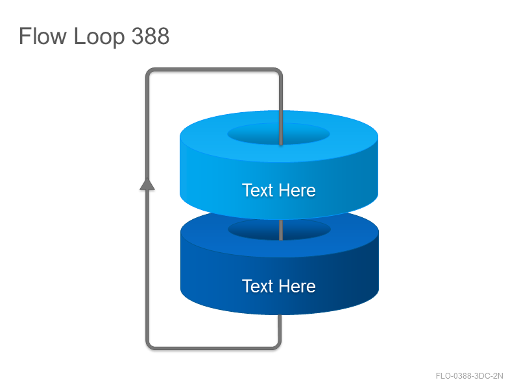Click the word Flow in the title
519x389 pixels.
coord(42,36)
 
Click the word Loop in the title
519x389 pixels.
coord(99,37)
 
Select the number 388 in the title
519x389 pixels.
coord(151,36)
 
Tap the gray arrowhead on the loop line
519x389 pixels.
coord(147,184)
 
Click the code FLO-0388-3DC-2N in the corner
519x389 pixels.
coord(469,376)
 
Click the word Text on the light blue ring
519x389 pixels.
coord(258,190)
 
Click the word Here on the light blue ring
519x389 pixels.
coord(297,190)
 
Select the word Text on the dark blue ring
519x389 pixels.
coord(258,286)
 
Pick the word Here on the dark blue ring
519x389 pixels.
coord(297,286)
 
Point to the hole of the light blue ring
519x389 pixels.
coord(279,134)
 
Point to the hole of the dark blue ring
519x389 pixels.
coord(279,229)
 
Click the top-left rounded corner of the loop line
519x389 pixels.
coord(149,71)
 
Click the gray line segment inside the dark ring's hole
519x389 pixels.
coord(281,230)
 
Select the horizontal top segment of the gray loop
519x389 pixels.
coord(214,69)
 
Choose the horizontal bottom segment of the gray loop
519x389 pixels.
coord(213,348)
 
